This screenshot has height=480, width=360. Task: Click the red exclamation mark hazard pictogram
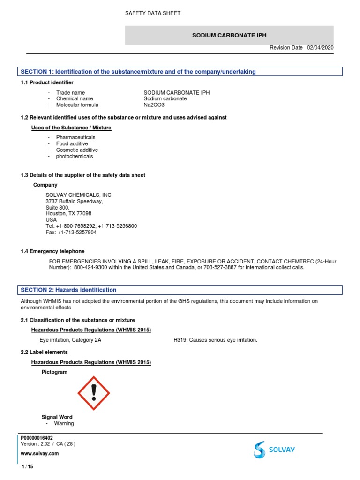[94, 392]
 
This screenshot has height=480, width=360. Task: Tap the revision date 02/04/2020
[321, 48]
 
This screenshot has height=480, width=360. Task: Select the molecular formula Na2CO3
[154, 105]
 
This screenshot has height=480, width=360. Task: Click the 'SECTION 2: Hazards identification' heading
[68, 290]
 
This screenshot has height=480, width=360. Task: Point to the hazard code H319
[180, 340]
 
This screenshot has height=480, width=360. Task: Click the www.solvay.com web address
[40, 454]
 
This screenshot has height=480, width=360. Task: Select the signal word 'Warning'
[64, 423]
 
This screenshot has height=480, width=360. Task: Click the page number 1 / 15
[27, 467]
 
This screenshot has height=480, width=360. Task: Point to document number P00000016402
[40, 438]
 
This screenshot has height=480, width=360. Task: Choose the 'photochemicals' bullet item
[75, 156]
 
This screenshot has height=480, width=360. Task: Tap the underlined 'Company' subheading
[45, 185]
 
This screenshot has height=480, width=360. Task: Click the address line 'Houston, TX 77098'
[68, 213]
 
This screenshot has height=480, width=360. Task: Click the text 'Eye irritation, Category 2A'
[70, 340]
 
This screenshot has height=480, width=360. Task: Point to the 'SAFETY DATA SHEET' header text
[152, 13]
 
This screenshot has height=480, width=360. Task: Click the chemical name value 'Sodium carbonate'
[165, 99]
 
